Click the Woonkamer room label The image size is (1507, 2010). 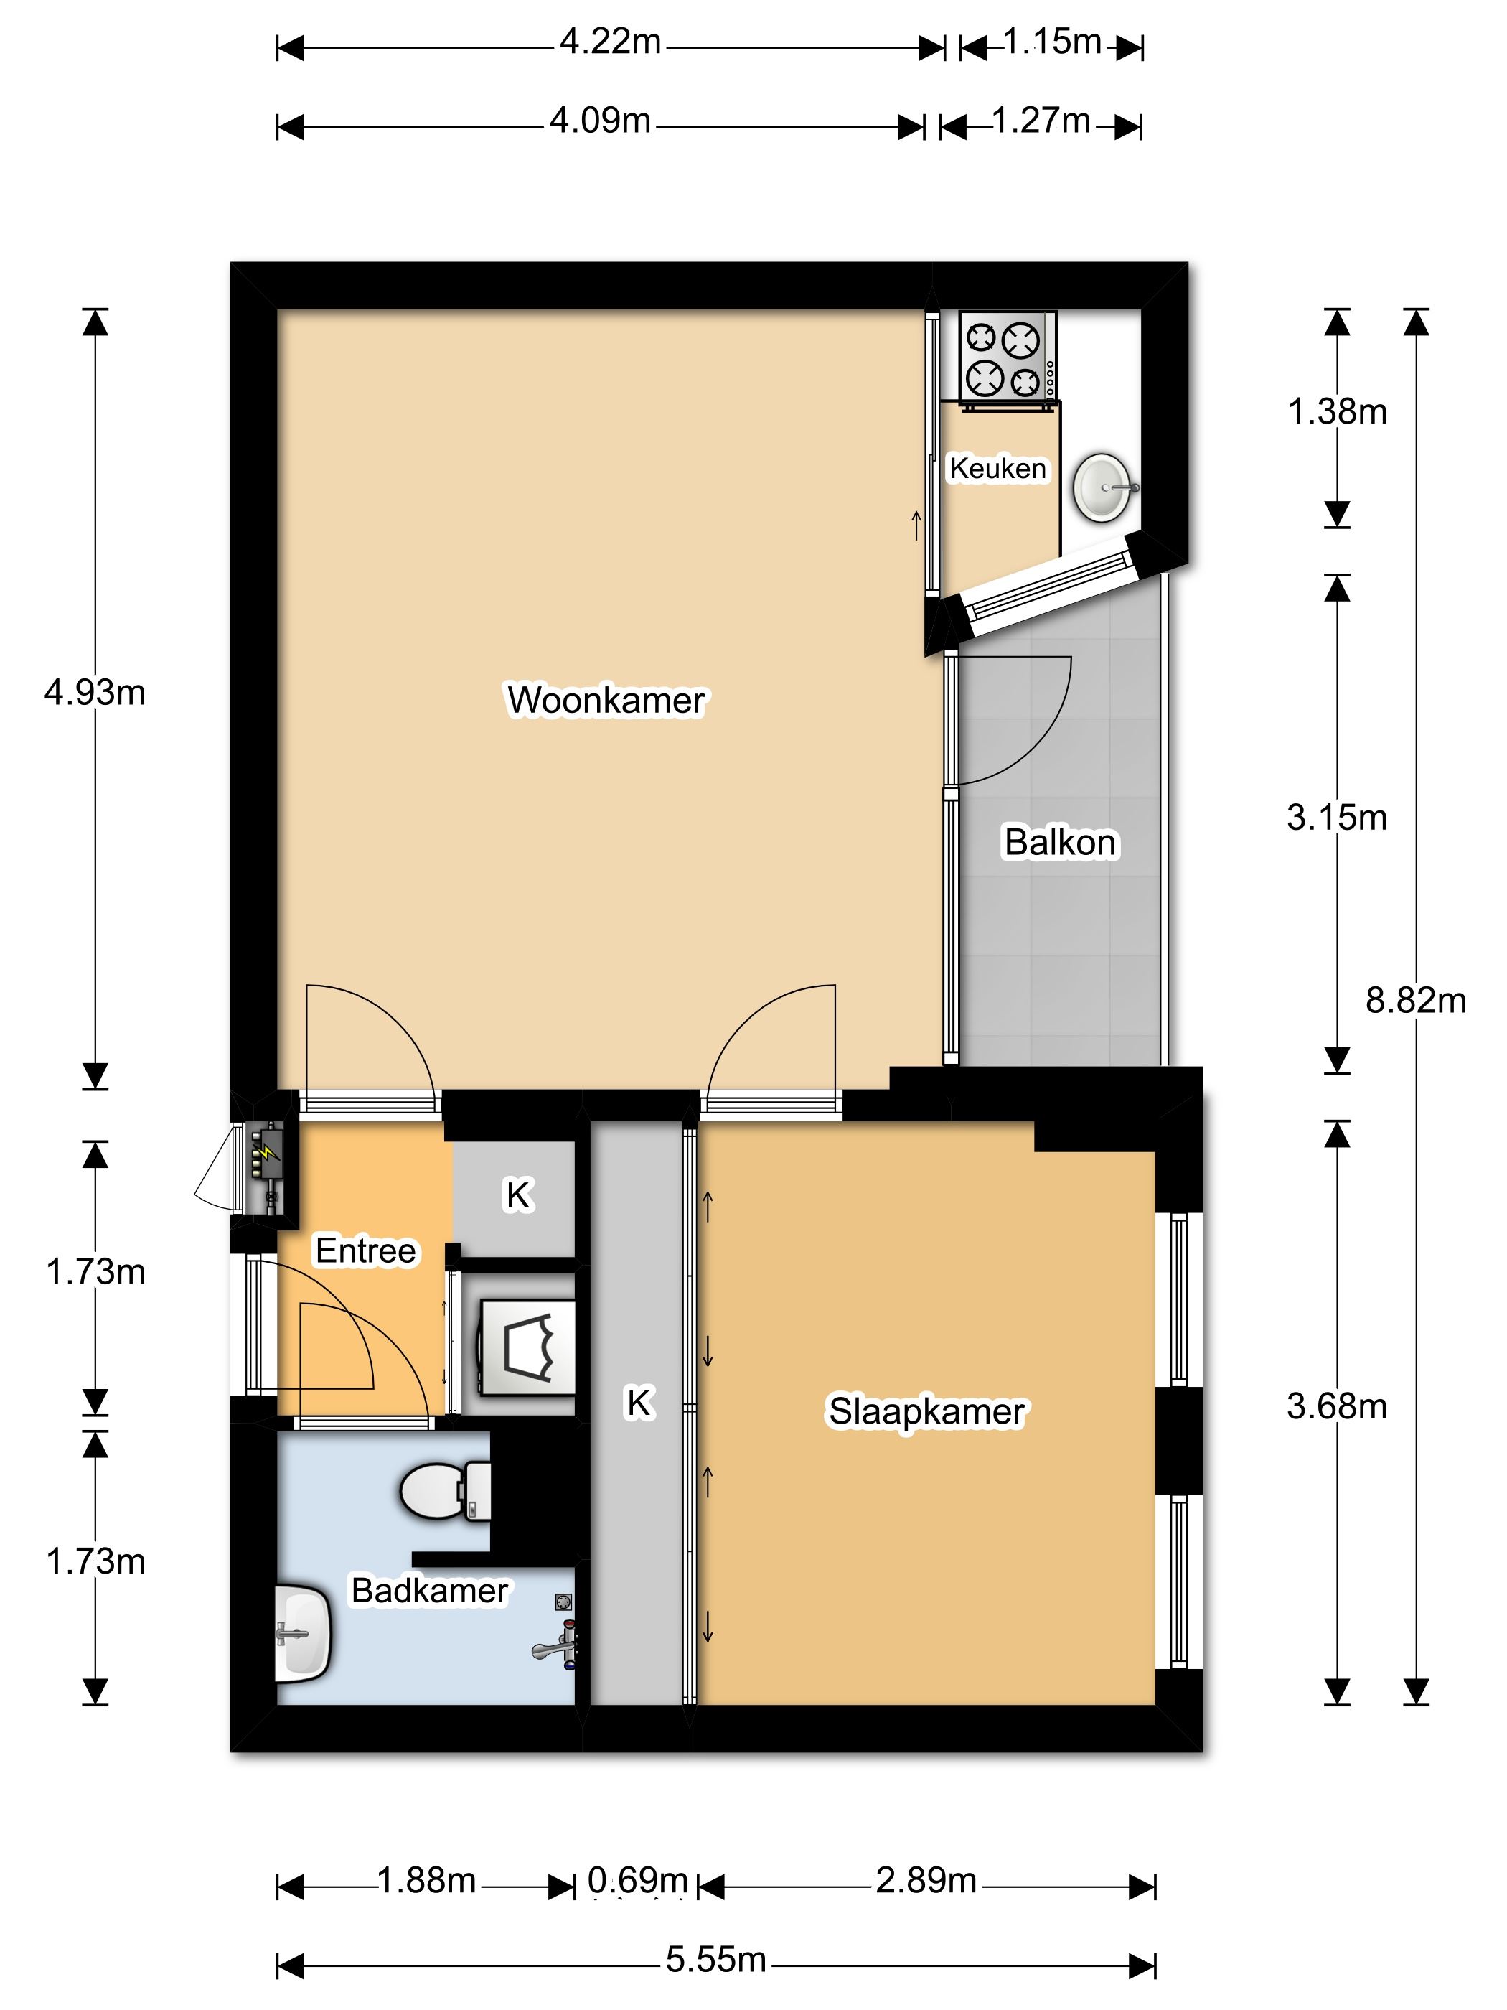tap(605, 701)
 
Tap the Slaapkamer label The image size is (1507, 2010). tap(926, 1412)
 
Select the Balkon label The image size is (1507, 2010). tap(1059, 842)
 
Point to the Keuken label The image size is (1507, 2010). tap(997, 468)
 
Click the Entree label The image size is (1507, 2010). tap(365, 1251)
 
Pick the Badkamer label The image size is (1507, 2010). tap(430, 1590)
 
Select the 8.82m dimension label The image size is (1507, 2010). tap(1415, 1001)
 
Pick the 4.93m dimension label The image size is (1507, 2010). tap(95, 693)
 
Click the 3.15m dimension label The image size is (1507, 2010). tap(1336, 818)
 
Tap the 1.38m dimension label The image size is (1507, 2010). tap(1337, 413)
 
